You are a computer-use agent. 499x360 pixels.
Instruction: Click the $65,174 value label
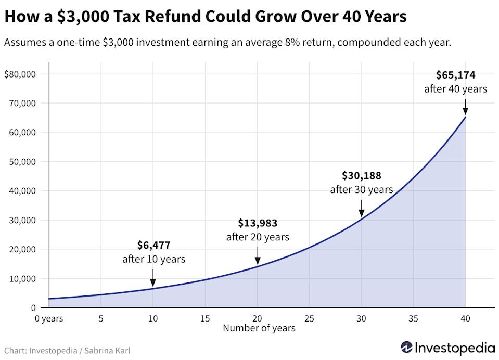455,75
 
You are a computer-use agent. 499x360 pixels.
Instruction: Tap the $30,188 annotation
361,176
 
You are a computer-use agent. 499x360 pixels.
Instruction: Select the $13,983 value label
257,223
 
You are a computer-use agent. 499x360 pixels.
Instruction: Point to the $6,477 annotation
153,245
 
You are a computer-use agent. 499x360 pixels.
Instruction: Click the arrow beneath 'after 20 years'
257,256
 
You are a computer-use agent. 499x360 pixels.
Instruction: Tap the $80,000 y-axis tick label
19,74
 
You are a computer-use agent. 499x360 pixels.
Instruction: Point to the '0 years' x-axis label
49,318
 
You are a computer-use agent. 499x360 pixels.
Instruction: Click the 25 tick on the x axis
309,318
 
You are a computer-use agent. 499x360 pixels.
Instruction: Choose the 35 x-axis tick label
413,318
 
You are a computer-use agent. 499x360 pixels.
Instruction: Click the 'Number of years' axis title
259,328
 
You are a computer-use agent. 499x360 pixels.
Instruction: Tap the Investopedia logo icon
407,347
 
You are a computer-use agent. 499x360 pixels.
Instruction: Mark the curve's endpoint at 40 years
465,117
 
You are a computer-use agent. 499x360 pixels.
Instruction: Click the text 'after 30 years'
361,190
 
